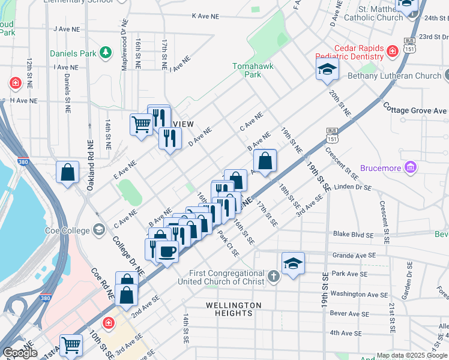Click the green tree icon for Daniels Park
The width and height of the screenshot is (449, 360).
[106, 53]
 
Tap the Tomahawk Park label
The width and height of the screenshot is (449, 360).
[247, 70]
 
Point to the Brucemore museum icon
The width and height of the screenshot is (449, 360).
[411, 168]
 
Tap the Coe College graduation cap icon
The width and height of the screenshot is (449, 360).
[97, 230]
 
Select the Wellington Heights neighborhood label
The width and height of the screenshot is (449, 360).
[234, 309]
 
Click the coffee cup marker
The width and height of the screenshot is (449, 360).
[168, 251]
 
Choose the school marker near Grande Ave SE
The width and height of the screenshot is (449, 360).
[293, 263]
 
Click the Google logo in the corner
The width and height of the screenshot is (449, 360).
[19, 353]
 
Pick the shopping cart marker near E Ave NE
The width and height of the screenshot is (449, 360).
[141, 125]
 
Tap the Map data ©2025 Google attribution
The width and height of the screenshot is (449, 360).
[412, 355]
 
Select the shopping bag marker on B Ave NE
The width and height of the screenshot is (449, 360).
[265, 161]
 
